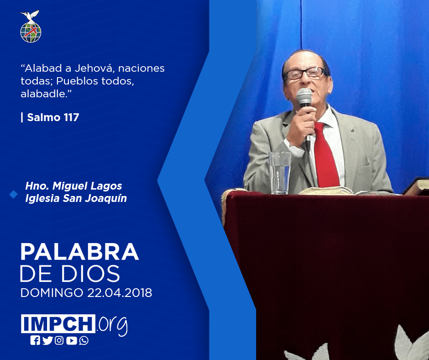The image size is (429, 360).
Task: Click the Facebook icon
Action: (35, 340)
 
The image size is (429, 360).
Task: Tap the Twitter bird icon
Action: (47, 340)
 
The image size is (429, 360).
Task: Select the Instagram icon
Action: (59, 340)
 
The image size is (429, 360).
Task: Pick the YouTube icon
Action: (71, 340)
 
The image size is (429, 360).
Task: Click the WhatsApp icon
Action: (84, 340)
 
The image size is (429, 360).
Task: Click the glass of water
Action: (280, 173)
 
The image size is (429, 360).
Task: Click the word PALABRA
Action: (79, 251)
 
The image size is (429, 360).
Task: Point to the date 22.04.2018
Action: (120, 293)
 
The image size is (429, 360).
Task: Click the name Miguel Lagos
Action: (87, 186)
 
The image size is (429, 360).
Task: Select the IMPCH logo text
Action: (58, 323)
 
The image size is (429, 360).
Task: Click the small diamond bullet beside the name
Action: (13, 194)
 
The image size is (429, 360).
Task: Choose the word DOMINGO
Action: (52, 293)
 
